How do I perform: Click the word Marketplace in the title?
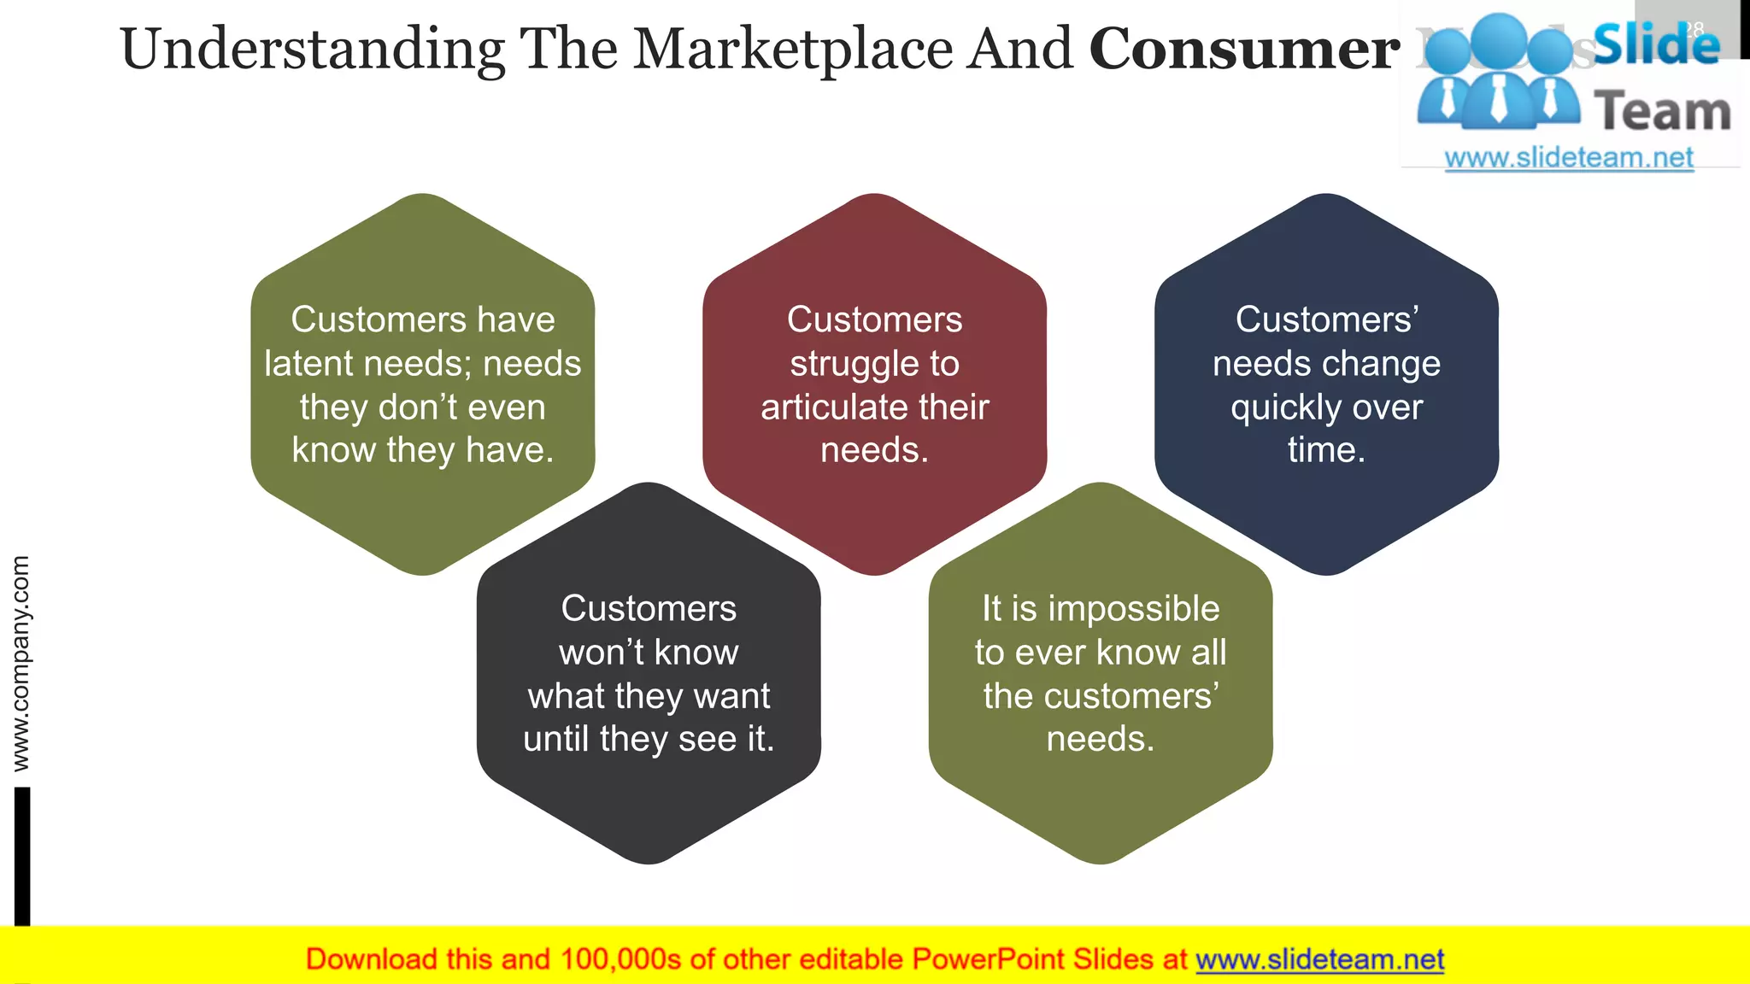click(793, 50)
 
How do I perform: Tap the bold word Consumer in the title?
click(1244, 50)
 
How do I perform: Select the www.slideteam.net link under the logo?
click(1569, 158)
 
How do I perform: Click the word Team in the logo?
click(1662, 112)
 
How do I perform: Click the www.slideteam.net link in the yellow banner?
click(1319, 960)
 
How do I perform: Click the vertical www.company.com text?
click(21, 664)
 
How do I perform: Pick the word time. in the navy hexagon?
click(1326, 450)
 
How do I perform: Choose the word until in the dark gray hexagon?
click(556, 739)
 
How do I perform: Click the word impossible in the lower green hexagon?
click(1133, 609)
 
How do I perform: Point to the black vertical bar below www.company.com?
click(22, 854)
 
